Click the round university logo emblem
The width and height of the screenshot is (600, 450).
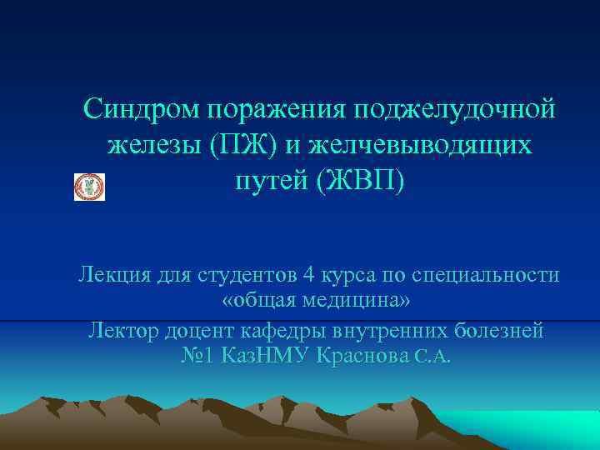(90, 187)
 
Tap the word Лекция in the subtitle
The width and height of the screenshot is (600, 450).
(115, 275)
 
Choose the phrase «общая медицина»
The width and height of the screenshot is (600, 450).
(316, 302)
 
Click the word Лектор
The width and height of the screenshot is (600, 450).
(125, 329)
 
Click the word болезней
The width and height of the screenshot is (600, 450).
(498, 329)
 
